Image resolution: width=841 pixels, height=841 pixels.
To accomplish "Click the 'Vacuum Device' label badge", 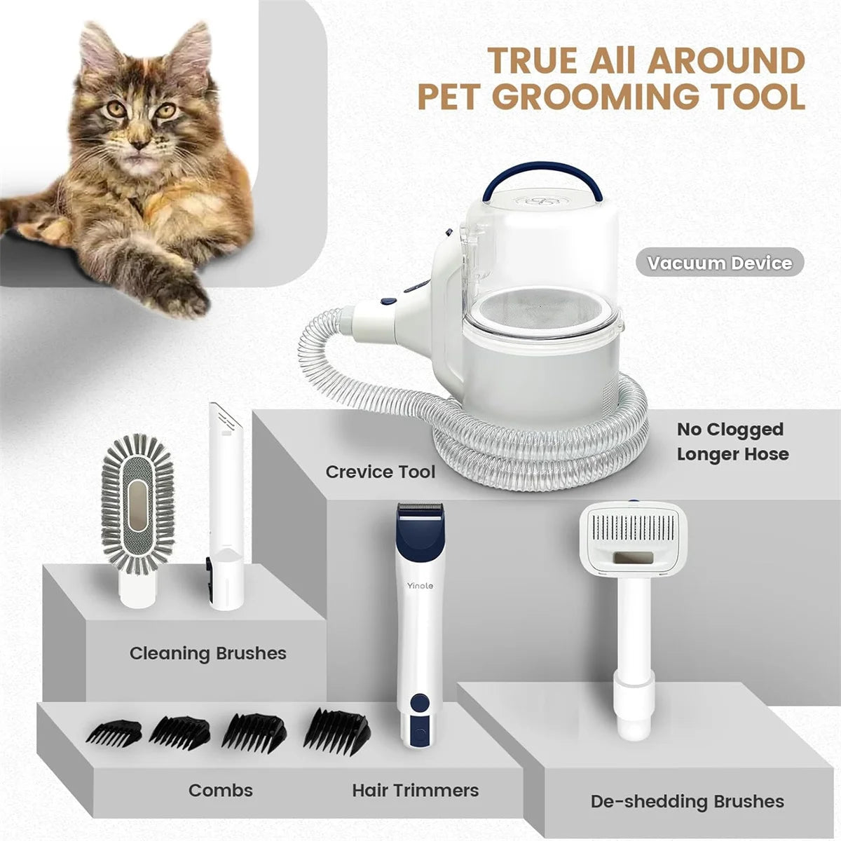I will [x=720, y=263].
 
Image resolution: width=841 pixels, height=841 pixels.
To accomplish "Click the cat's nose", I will [x=139, y=143].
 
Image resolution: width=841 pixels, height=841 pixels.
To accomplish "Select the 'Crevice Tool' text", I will [x=380, y=472].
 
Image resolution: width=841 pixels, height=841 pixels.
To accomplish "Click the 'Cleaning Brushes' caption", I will [x=207, y=653].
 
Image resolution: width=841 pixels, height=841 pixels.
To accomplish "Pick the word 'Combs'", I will [x=220, y=791].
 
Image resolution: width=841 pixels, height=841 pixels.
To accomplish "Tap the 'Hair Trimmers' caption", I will [x=415, y=791].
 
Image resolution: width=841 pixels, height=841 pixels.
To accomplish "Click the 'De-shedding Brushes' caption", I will [x=687, y=801].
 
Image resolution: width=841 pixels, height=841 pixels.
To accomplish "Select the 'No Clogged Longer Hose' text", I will [x=732, y=442].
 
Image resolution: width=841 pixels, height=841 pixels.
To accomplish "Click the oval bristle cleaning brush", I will [x=137, y=505].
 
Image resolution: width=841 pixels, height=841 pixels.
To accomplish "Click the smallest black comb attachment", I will [x=114, y=733].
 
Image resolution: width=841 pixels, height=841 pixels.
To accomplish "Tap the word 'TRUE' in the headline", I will [x=533, y=60].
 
